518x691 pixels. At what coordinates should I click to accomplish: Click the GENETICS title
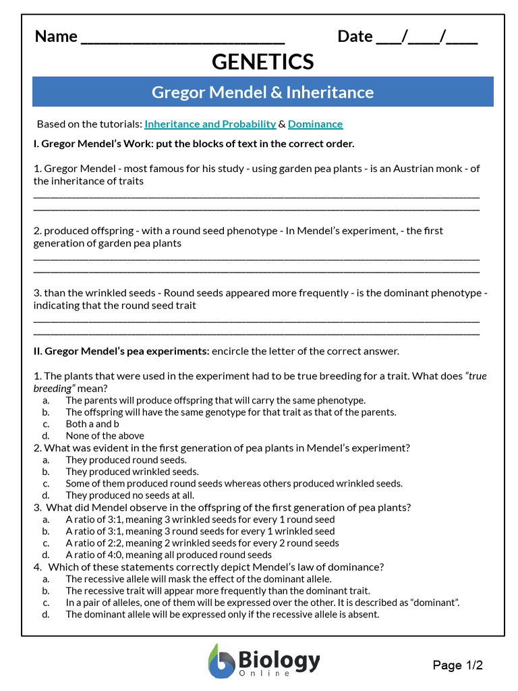tap(263, 62)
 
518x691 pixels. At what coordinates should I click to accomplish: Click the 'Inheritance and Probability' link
tap(210, 124)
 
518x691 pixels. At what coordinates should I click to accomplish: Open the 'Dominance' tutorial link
tap(315, 124)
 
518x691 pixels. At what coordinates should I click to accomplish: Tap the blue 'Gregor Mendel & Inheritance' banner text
tap(262, 92)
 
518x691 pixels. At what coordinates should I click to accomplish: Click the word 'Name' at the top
tap(56, 36)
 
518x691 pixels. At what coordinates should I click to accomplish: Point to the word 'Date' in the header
tap(355, 36)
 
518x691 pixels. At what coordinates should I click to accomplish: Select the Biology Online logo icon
tap(220, 661)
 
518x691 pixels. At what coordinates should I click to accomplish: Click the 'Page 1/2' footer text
tap(458, 665)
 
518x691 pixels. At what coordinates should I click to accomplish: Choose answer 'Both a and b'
tap(92, 424)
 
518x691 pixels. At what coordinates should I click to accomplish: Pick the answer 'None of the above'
tap(105, 436)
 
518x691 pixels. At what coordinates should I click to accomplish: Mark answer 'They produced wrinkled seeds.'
tap(132, 472)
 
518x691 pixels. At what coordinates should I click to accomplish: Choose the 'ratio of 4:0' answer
tap(169, 555)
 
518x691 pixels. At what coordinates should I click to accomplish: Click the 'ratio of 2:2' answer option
tap(202, 543)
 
